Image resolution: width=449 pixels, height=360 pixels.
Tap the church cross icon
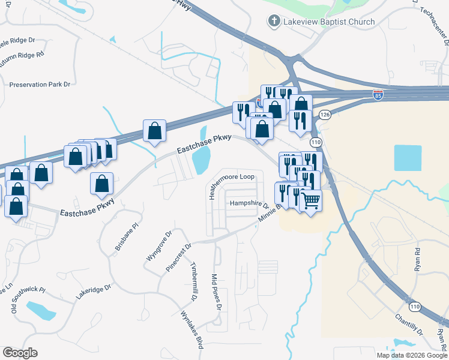(274, 22)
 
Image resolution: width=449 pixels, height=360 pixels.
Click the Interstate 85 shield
(378, 95)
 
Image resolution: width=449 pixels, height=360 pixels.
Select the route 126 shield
(325, 115)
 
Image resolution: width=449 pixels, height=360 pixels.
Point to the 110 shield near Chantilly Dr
(414, 306)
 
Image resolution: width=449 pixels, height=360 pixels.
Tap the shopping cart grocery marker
(311, 200)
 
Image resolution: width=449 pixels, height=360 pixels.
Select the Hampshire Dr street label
(250, 203)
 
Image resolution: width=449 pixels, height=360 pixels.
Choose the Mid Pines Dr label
(217, 292)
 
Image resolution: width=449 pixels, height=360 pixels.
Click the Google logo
(20, 353)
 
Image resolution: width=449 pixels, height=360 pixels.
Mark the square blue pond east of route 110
(408, 158)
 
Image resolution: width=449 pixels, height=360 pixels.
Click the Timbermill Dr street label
(193, 281)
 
